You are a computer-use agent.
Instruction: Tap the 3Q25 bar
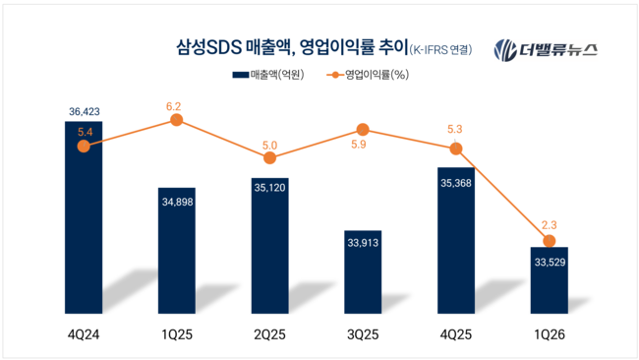click(x=363, y=275)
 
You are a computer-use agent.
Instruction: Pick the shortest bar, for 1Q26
click(x=549, y=285)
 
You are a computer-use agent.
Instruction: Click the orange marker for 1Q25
click(x=177, y=120)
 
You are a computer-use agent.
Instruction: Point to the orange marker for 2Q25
click(x=270, y=157)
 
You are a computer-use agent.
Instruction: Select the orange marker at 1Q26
click(x=549, y=241)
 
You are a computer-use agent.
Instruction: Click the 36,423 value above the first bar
click(x=84, y=111)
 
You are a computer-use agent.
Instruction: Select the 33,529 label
click(x=549, y=262)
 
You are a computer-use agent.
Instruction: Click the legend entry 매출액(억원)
click(x=269, y=75)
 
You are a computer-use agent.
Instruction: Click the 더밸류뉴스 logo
click(x=545, y=49)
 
